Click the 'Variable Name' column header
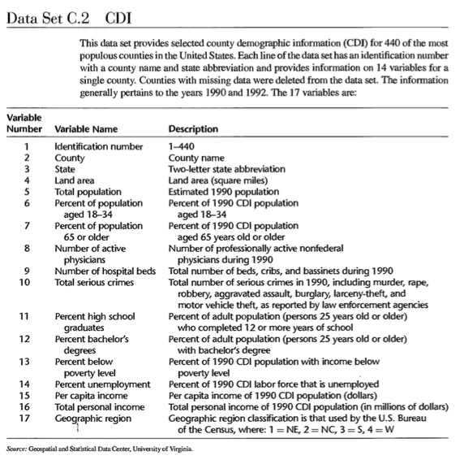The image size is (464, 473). pos(83,128)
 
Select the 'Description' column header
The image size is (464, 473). pos(193,128)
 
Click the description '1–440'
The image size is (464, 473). pos(180,145)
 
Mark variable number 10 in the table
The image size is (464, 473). pos(26,282)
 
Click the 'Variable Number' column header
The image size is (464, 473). pos(25,123)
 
